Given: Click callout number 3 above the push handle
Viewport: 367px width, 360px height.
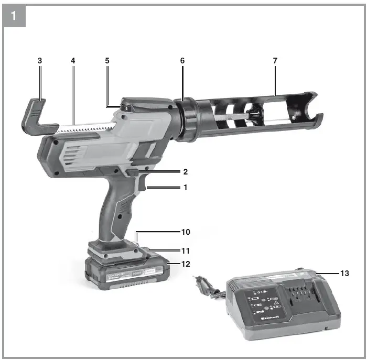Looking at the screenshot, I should tap(40, 61).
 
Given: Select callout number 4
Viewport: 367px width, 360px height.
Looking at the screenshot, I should tap(73, 61).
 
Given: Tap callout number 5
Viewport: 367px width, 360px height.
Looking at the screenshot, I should tap(107, 61).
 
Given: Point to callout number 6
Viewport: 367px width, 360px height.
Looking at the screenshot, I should tap(182, 61).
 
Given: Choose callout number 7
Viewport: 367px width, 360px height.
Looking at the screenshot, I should tap(275, 61).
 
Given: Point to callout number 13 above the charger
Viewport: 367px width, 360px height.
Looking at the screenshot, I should tap(344, 273).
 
